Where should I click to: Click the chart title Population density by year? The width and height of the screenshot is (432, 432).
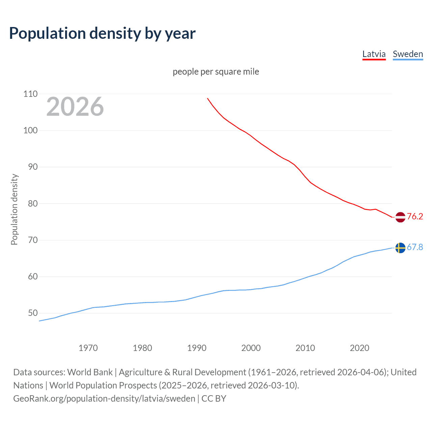102,33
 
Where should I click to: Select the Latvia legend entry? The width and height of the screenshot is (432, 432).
374,54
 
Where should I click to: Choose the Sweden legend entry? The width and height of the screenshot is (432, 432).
408,54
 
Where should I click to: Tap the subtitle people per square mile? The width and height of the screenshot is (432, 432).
216,72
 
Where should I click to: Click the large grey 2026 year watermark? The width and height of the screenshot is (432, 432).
75,107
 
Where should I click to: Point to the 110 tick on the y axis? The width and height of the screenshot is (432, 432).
30,94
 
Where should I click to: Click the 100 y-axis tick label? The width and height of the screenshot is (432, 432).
30,130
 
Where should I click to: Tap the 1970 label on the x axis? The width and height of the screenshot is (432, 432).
88,348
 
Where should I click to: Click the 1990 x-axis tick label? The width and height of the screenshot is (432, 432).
197,348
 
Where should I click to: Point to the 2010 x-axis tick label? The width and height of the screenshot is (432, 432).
305,348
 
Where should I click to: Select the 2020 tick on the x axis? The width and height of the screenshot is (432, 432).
359,348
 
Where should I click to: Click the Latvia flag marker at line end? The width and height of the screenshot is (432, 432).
400,217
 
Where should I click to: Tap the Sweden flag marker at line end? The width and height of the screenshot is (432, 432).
400,248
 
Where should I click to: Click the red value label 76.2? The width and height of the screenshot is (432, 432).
415,216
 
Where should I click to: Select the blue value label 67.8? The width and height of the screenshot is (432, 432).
415,247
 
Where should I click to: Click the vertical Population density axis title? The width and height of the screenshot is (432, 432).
14,209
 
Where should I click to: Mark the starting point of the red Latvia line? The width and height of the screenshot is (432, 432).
208,98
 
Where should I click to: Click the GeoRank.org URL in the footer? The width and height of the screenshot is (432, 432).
104,399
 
